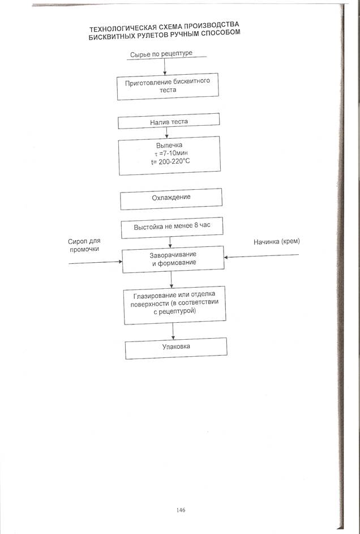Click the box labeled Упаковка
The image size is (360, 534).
(x=175, y=348)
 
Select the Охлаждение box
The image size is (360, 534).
(x=170, y=198)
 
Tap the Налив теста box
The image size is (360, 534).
(x=169, y=122)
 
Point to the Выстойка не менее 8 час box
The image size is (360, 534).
(x=171, y=228)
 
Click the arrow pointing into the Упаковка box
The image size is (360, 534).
(x=173, y=331)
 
